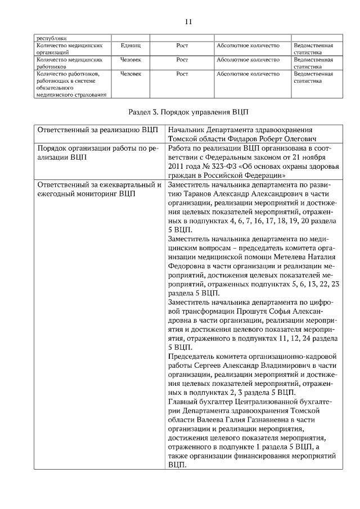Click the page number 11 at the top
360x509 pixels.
(x=188, y=21)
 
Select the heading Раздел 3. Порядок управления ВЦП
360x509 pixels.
(x=188, y=112)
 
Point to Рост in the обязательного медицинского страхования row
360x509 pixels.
(x=182, y=74)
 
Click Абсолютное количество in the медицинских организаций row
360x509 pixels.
(x=247, y=44)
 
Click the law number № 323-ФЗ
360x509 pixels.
(x=223, y=167)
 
